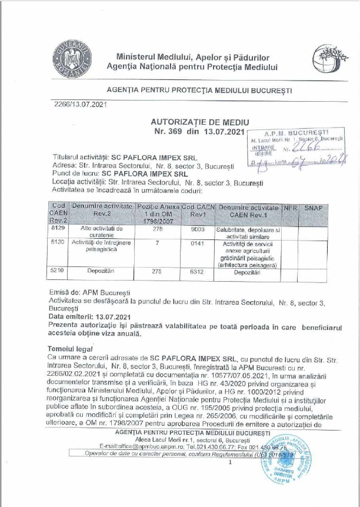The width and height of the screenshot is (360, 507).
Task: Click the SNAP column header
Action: click(314, 209)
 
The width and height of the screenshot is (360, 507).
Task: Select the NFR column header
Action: click(290, 209)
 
